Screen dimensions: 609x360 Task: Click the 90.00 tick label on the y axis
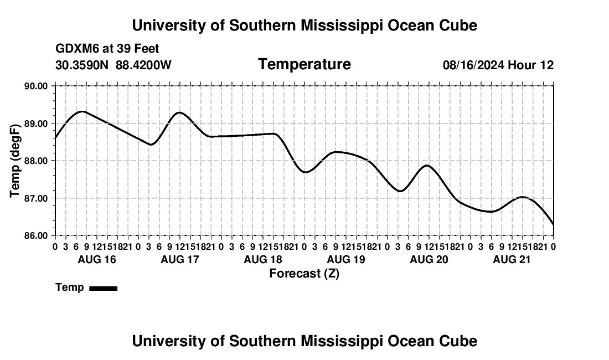pos(36,86)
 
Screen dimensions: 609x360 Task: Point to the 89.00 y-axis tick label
pos(36,124)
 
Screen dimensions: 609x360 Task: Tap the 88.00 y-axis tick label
pos(36,161)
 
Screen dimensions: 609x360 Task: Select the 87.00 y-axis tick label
pos(36,198)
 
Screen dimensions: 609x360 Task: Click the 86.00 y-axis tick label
pos(36,236)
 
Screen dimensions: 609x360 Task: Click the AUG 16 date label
pos(97,259)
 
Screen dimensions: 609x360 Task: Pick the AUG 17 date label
pos(180,259)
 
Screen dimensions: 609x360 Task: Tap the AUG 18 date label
pos(263,259)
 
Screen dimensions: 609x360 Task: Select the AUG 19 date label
pos(346,259)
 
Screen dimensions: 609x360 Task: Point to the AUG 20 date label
pos(429,259)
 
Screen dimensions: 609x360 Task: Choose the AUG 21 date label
pos(512,259)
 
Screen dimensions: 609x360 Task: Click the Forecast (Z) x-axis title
pos(304,274)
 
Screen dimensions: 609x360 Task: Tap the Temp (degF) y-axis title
pos(15,161)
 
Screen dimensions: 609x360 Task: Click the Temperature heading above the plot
pos(304,64)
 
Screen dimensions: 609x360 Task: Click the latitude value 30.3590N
pos(82,65)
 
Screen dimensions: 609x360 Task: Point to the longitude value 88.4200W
pos(144,65)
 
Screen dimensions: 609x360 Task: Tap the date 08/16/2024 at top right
pos(473,65)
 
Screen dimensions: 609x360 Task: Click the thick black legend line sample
pos(104,288)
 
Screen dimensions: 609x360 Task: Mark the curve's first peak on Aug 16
pos(82,112)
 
